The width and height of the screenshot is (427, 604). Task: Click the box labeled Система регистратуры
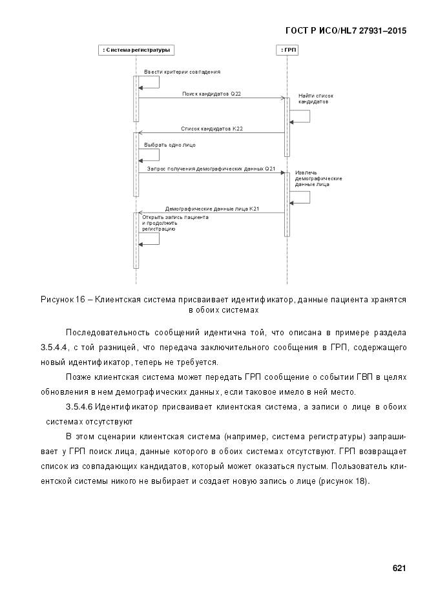136,50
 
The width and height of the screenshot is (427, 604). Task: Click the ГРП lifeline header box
286,50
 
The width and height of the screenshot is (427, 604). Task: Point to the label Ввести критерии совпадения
182,72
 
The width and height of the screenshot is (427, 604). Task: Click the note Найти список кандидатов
315,99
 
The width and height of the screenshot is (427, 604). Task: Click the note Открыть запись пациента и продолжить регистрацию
174,223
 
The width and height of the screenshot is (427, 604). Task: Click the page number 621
399,568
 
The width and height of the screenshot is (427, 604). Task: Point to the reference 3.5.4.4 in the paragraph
54,348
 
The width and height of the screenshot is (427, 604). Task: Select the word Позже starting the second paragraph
78,377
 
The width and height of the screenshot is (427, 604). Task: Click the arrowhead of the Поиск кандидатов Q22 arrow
283,98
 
